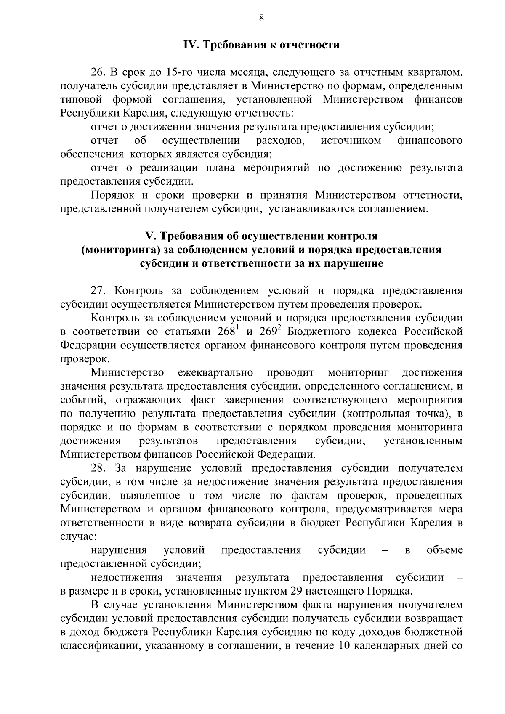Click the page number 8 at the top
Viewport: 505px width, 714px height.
[x=261, y=18]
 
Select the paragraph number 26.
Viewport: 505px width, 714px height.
[x=97, y=73]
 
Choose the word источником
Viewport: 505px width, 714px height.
[x=351, y=141]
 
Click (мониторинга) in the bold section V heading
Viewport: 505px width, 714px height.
[x=121, y=250]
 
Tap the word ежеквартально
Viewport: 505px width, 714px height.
[x=215, y=372]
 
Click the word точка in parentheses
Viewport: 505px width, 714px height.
[x=428, y=414]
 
